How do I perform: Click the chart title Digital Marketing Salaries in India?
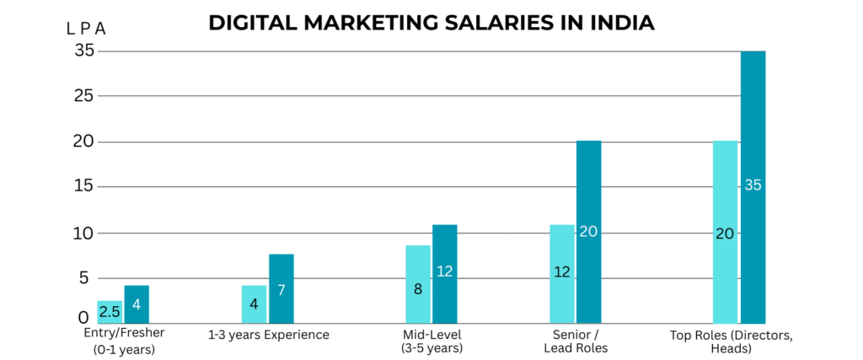[x=431, y=23]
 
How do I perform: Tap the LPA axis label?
[x=86, y=29]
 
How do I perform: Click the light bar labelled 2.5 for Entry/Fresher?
[x=110, y=312]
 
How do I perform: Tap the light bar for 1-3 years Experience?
[x=254, y=304]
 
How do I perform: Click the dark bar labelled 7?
[x=281, y=288]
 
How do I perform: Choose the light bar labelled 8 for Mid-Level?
[x=417, y=284]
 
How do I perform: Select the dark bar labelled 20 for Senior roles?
[x=588, y=232]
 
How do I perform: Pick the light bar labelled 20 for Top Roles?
[x=725, y=232]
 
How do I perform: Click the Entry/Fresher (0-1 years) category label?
[x=122, y=341]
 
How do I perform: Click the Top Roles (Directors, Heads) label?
[x=732, y=341]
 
